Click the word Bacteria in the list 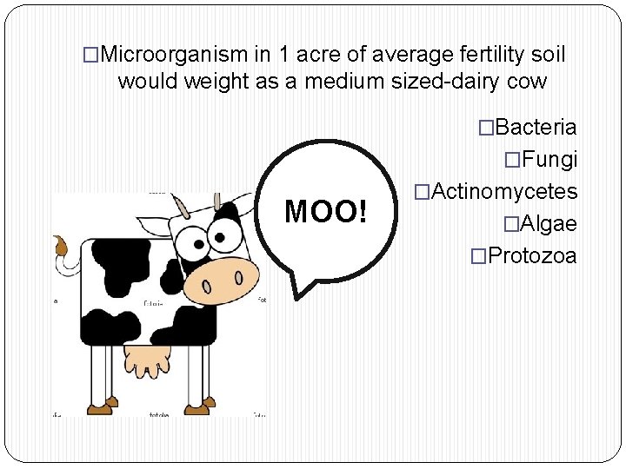(536, 128)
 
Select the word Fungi (549, 160)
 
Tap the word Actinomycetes (504, 191)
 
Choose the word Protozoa (532, 255)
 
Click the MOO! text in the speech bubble (326, 211)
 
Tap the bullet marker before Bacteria (486, 128)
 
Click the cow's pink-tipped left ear (180, 208)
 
